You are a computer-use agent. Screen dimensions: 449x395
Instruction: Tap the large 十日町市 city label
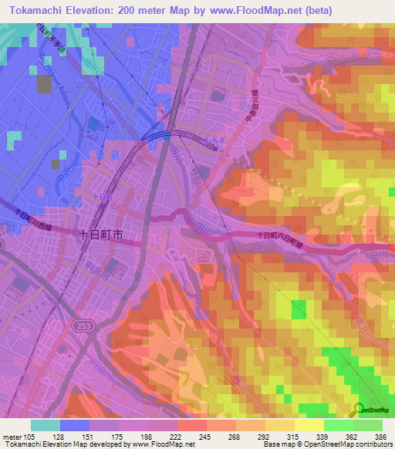coord(101,233)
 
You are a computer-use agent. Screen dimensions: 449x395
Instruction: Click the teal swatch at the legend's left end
coord(46,425)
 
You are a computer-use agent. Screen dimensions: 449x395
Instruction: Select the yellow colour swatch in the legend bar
coord(309,425)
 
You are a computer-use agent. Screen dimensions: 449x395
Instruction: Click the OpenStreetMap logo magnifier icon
coord(357,408)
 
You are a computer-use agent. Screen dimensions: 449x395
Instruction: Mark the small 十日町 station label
coord(101,197)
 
